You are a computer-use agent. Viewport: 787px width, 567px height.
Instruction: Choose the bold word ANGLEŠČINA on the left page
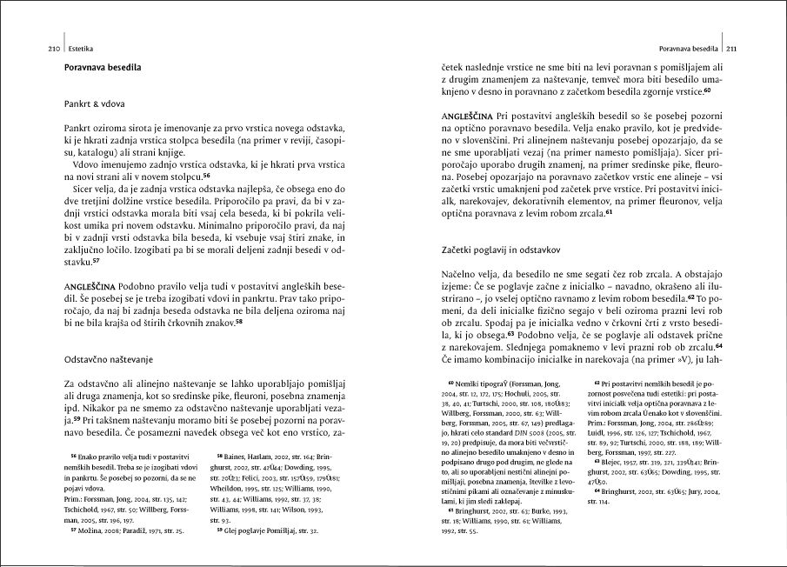point(90,285)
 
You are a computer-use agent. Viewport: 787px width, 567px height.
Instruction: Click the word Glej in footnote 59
point(233,529)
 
